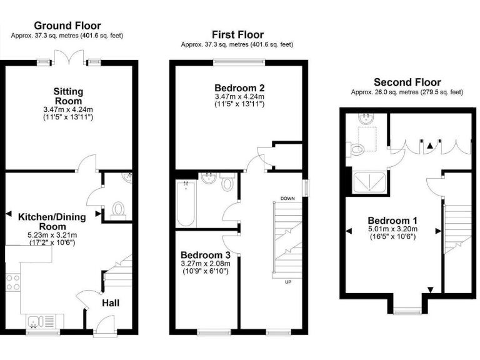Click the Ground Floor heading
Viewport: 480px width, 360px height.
point(68,25)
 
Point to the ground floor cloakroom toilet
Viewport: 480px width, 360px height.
point(117,209)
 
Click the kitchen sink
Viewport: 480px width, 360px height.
point(36,322)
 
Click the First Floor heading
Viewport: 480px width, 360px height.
point(237,35)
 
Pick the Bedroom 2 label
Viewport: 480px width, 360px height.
point(239,87)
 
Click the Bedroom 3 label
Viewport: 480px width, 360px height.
point(206,255)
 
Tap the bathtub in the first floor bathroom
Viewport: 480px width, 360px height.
point(186,205)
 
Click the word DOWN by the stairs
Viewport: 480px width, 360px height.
point(287,198)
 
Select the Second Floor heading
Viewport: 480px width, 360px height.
point(407,82)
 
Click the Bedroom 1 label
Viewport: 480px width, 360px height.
point(392,221)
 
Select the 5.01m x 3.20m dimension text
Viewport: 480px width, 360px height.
point(392,229)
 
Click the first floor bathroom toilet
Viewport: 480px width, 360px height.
point(227,184)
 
